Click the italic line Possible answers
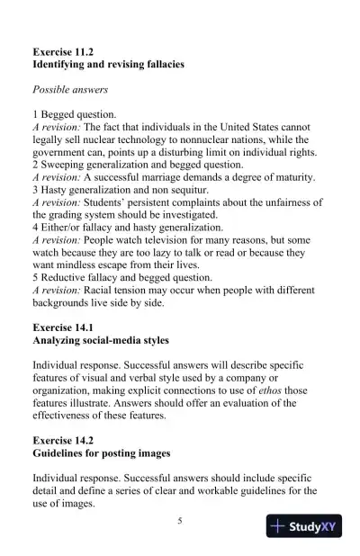(x=70, y=90)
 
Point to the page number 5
(x=180, y=520)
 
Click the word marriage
(x=158, y=178)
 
